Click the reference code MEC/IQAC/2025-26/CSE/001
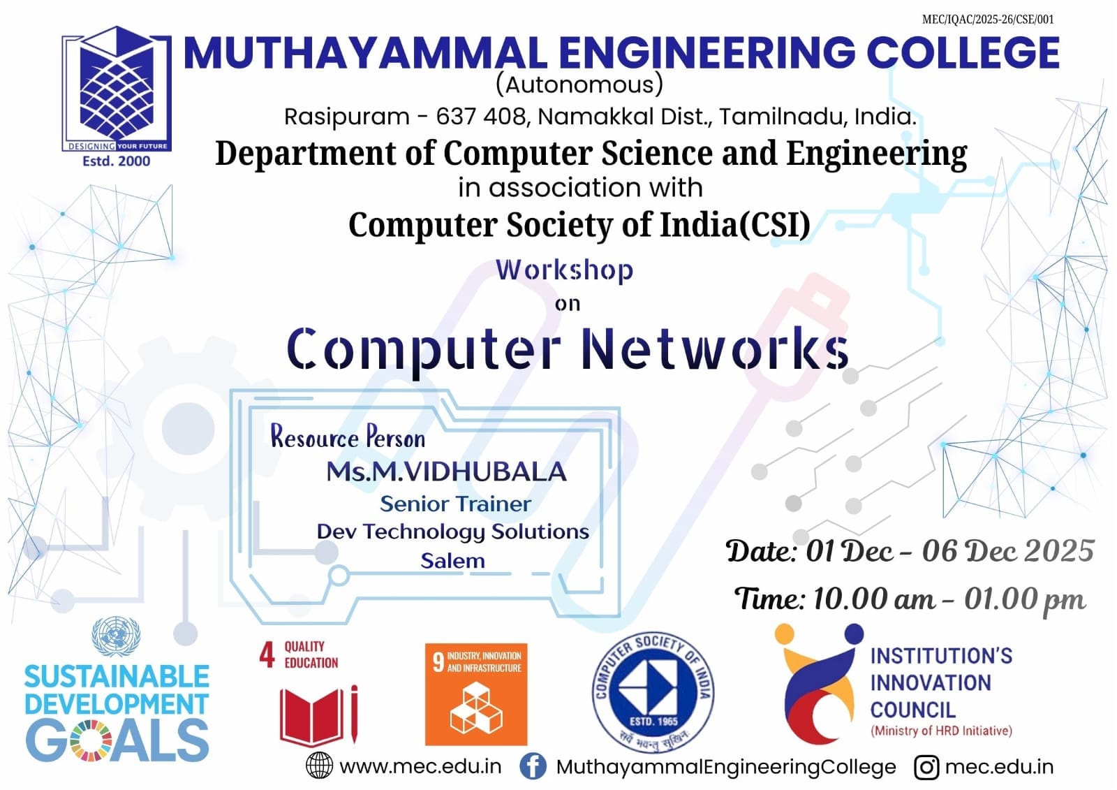pyautogui.click(x=988, y=20)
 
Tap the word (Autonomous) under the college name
pyautogui.click(x=579, y=85)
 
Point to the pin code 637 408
pyautogui.click(x=481, y=117)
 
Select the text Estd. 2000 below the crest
pyautogui.click(x=116, y=161)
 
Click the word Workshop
pyautogui.click(x=565, y=271)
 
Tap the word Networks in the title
pyautogui.click(x=715, y=349)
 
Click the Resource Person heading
pyautogui.click(x=348, y=437)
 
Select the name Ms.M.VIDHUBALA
pyautogui.click(x=446, y=471)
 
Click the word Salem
pyautogui.click(x=453, y=561)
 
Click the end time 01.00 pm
pyautogui.click(x=1024, y=599)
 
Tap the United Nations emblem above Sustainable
pyautogui.click(x=116, y=637)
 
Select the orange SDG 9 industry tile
pyautogui.click(x=476, y=694)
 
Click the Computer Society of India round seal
pyautogui.click(x=653, y=692)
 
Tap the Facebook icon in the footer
pyautogui.click(x=533, y=766)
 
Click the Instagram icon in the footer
pyautogui.click(x=926, y=767)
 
